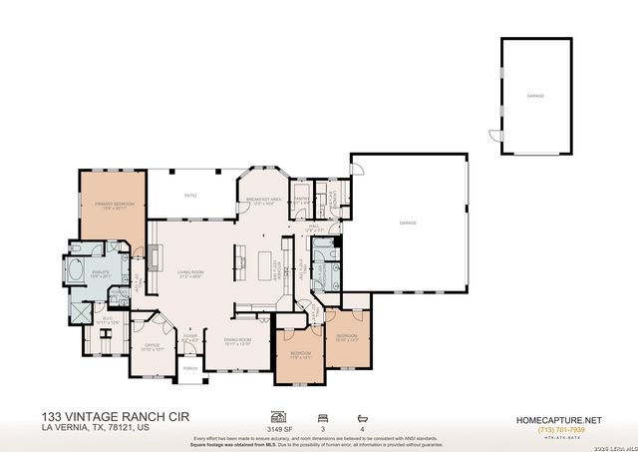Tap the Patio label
190,196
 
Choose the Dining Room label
237,341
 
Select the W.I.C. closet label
109,320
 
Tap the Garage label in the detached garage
535,97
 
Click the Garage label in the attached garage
407,223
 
